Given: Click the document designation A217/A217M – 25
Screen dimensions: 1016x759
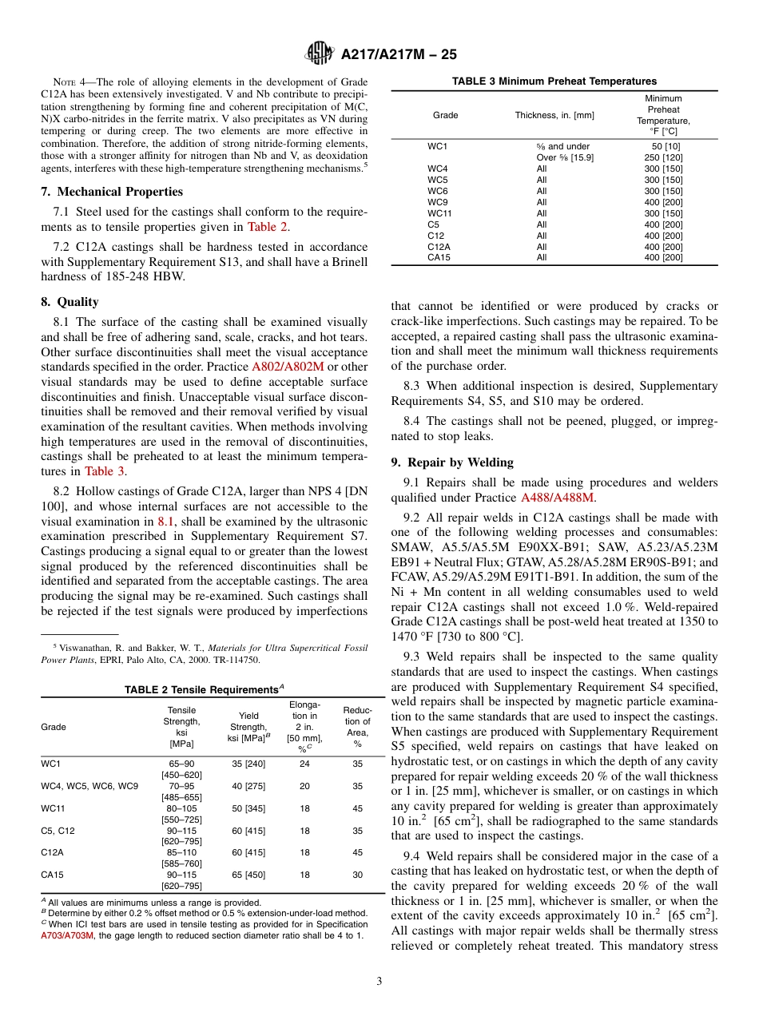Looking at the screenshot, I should (398, 55).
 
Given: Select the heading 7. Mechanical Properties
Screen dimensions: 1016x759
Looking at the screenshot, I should (112, 192).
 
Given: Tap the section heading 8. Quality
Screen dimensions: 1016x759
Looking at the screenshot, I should (70, 302).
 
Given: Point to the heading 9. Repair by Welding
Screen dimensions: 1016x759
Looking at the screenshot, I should (452, 462).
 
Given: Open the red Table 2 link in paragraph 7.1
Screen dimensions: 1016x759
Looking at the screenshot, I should (267, 227).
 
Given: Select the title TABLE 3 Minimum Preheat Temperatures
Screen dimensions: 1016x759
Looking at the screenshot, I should (554, 81).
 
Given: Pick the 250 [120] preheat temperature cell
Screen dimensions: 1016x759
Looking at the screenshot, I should (662, 157).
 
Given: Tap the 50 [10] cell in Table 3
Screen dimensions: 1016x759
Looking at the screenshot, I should (662, 146).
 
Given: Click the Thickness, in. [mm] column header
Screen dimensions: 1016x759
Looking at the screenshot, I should (554, 115).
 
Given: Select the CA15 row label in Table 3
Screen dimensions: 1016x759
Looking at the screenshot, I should (438, 257).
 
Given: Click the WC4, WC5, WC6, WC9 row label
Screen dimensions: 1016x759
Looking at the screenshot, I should (89, 786).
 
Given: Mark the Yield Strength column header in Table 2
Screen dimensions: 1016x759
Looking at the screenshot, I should (248, 727).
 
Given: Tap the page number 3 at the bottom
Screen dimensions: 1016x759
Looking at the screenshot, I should (379, 981).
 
